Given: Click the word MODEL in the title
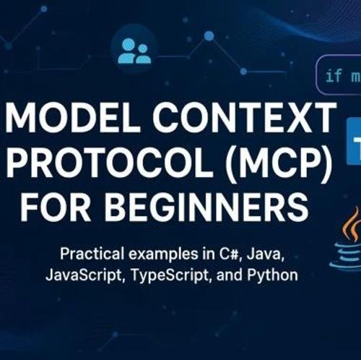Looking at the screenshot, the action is point(73,116).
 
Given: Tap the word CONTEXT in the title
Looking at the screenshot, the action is point(244,116).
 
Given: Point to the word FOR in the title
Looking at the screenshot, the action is point(56,207).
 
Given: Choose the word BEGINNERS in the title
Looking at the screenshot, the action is point(206,207).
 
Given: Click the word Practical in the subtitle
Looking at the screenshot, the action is point(92,254).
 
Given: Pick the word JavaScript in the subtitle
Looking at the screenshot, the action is point(84,275).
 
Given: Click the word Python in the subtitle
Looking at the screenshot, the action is point(273,275).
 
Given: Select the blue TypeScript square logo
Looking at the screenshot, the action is point(354,142).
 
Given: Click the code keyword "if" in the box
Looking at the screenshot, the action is point(334,75).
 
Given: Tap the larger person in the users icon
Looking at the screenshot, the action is point(127,51).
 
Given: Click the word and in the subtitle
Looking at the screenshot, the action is point(230,275).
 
